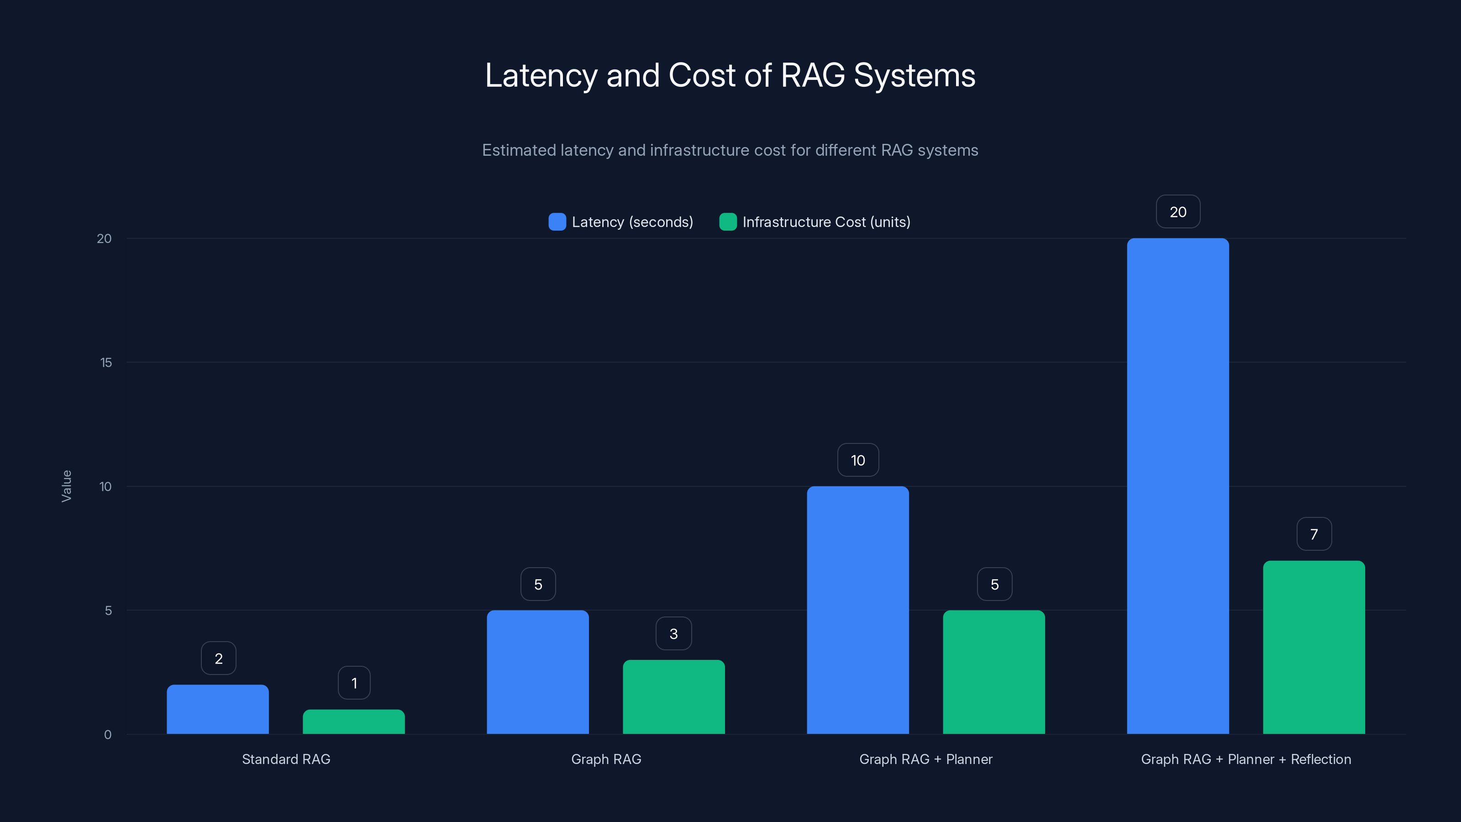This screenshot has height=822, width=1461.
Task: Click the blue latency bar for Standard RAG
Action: click(218, 709)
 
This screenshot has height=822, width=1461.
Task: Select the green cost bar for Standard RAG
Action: click(354, 722)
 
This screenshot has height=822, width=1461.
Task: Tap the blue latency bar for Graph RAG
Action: click(538, 672)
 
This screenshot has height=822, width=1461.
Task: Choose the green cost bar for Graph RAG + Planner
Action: click(993, 672)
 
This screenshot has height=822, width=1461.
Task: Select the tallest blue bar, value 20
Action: click(1178, 486)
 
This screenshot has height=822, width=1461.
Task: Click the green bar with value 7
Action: click(1314, 647)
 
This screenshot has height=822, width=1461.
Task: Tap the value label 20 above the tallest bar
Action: click(1178, 211)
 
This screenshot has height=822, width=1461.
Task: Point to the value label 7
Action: click(1314, 534)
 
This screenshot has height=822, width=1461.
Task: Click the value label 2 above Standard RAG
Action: click(218, 658)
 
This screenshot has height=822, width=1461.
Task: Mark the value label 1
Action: click(354, 683)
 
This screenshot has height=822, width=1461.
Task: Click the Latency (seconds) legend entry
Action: click(621, 222)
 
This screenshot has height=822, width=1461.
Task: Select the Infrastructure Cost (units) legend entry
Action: click(815, 222)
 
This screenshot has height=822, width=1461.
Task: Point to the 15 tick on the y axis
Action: click(106, 363)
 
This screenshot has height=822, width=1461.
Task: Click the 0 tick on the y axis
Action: click(108, 735)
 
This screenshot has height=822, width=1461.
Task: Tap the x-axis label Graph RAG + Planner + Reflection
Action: click(1246, 759)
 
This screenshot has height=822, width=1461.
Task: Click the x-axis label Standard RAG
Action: click(286, 759)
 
